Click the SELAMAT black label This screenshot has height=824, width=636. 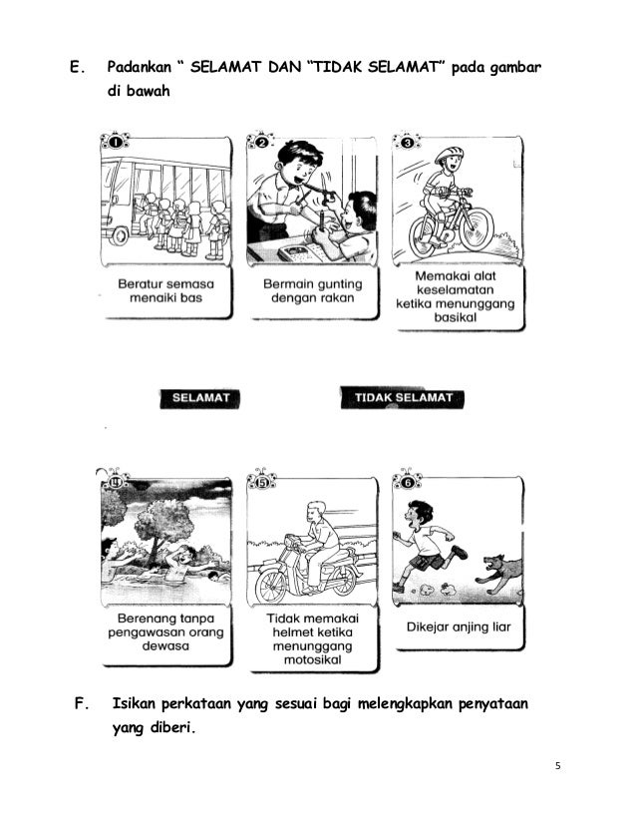coord(199,398)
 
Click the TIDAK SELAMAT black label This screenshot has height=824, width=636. coord(403,398)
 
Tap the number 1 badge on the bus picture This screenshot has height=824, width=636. coord(115,142)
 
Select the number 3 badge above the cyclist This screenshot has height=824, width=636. coord(407,142)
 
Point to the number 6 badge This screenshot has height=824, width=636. coord(407,482)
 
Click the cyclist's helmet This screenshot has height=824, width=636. coord(449,155)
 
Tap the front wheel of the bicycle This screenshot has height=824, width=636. coord(477,229)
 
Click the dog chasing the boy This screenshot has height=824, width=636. coord(500,574)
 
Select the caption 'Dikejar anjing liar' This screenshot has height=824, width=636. coord(459,626)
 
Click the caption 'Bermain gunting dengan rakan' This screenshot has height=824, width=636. coord(312,291)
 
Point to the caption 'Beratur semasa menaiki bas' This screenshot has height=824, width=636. coord(165,291)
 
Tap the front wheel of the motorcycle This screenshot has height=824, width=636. coord(271,587)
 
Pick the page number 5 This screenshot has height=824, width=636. coord(558,766)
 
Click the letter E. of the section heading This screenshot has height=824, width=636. coord(77,67)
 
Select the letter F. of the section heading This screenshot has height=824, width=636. coord(82,703)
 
